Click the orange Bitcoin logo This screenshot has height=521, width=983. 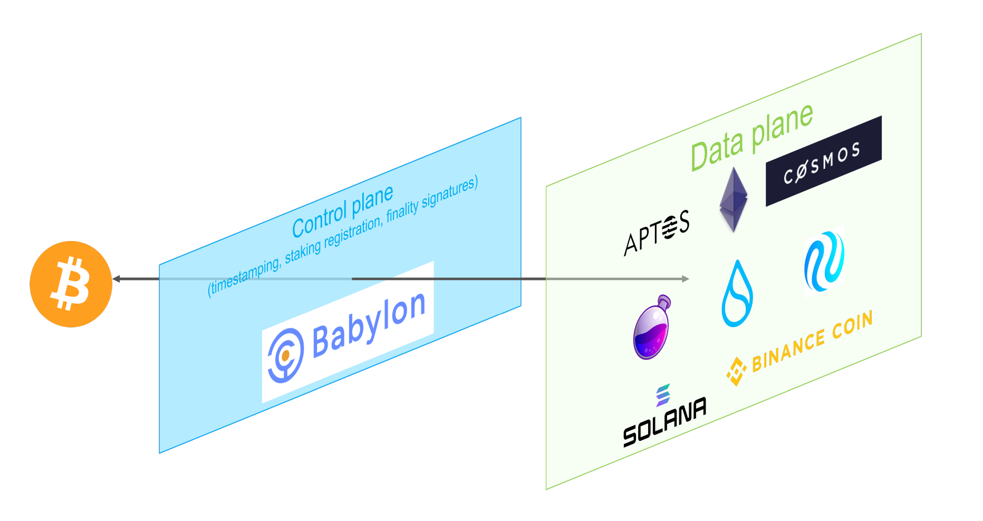click(71, 284)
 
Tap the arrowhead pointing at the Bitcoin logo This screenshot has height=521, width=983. click(117, 278)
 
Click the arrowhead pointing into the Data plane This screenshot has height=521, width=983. click(685, 278)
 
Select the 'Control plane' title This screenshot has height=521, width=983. click(343, 211)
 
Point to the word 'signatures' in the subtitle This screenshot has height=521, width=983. click(450, 194)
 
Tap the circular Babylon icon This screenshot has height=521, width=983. click(285, 355)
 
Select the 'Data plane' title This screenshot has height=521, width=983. click(751, 138)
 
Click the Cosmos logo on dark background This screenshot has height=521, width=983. click(823, 161)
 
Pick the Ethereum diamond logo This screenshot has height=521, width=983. click(734, 200)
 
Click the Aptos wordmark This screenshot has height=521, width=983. click(657, 233)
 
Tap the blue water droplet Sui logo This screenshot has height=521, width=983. click(737, 294)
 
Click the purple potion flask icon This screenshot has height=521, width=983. click(652, 328)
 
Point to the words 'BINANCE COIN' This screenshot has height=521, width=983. click(812, 341)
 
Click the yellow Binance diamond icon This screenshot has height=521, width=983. click(736, 371)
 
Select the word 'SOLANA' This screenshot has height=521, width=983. click(664, 422)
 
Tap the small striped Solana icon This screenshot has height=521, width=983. click(663, 395)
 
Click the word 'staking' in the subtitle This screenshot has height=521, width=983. click(303, 252)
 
